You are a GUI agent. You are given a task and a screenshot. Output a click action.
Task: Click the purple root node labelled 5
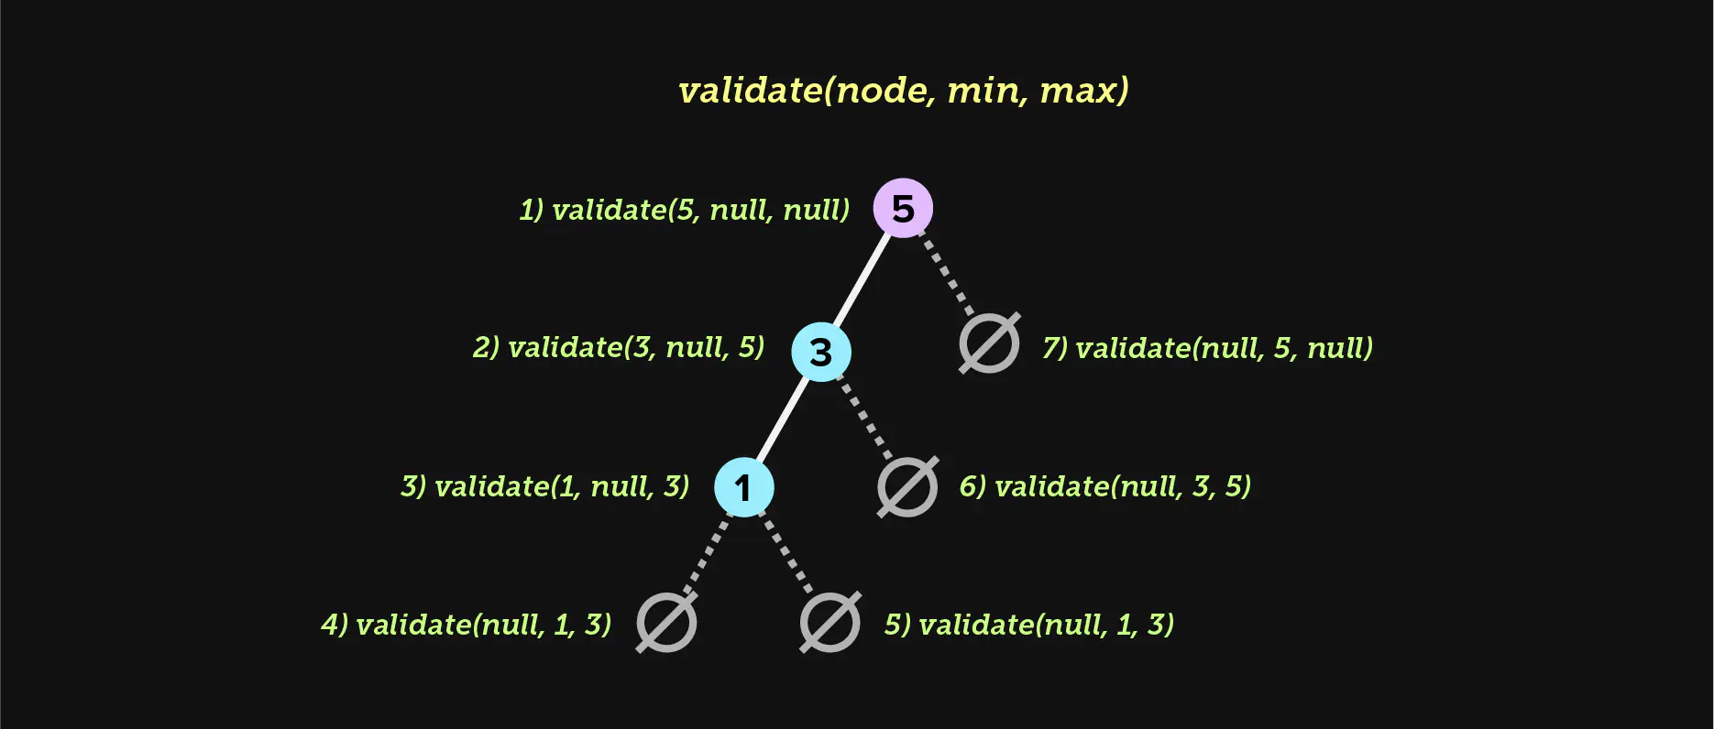click(903, 208)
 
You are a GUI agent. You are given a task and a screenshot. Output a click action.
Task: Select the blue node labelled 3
click(821, 352)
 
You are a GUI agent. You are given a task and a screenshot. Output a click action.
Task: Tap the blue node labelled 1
click(744, 487)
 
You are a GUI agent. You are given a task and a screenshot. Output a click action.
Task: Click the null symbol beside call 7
click(989, 343)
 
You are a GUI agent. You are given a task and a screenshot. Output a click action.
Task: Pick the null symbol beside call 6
click(907, 486)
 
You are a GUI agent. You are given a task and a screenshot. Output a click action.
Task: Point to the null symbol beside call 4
click(666, 623)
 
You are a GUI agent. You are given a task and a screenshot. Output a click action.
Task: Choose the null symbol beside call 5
click(830, 623)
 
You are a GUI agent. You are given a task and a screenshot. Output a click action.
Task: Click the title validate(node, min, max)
click(904, 91)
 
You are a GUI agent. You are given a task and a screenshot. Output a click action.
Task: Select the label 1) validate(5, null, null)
click(685, 210)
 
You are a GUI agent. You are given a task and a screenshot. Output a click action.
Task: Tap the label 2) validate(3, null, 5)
click(619, 347)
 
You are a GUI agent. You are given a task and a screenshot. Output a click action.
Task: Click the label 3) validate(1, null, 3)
click(545, 485)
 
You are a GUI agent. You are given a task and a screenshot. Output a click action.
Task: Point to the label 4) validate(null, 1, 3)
click(467, 624)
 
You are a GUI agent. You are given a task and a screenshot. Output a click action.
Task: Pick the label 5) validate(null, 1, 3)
click(1029, 624)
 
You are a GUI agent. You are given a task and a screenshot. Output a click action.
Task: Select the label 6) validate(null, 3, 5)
click(1105, 485)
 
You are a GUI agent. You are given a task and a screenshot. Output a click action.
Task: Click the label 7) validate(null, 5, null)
click(1208, 348)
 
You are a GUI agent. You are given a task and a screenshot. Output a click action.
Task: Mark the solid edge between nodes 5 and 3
click(862, 280)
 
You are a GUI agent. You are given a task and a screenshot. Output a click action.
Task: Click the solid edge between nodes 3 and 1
click(783, 419)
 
